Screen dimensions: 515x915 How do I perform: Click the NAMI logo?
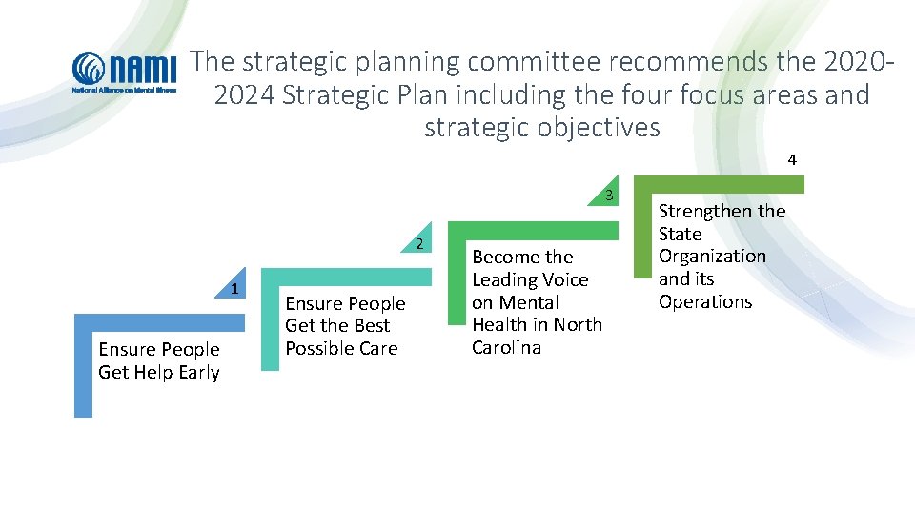(125, 72)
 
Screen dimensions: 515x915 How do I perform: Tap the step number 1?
(234, 289)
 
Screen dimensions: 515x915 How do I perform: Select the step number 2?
(419, 244)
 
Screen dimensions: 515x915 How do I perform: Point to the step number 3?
(608, 197)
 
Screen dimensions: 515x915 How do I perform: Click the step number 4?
(792, 159)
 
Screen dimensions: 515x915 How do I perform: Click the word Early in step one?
(198, 373)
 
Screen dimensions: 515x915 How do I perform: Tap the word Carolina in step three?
(506, 347)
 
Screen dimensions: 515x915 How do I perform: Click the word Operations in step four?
(705, 301)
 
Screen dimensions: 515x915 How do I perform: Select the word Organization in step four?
(712, 256)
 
